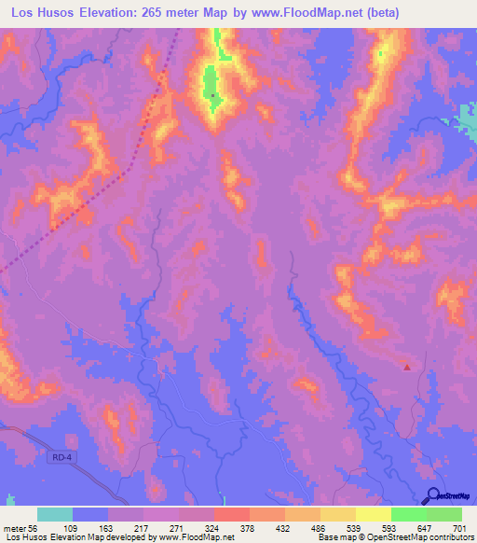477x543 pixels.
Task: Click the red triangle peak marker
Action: (407, 366)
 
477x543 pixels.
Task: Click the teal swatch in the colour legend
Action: (55, 514)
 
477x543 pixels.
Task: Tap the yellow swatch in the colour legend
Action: (374, 514)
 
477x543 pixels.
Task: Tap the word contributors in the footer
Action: (449, 538)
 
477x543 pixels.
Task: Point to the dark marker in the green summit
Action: (212, 94)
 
